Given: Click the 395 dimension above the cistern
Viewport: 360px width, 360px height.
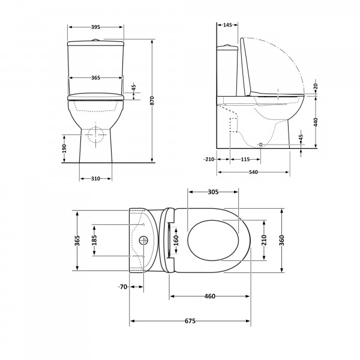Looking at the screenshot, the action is pyautogui.click(x=95, y=27).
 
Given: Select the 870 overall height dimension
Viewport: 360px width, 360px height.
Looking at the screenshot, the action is pyautogui.click(x=152, y=101).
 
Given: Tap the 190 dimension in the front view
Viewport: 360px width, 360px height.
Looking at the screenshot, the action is pyautogui.click(x=64, y=149).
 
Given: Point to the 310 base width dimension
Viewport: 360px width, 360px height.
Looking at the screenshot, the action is pyautogui.click(x=95, y=179).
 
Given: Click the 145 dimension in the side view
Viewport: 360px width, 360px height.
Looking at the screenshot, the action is pyautogui.click(x=227, y=25).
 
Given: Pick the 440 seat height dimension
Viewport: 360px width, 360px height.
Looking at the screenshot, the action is pyautogui.click(x=316, y=122).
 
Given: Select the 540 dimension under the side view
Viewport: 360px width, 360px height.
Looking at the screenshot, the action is pyautogui.click(x=253, y=172).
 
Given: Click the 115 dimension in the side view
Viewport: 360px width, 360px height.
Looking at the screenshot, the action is pyautogui.click(x=245, y=160).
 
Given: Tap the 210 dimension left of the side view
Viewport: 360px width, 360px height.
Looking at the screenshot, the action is pyautogui.click(x=209, y=159).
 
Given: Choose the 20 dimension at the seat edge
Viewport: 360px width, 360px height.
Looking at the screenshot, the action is pyautogui.click(x=316, y=86).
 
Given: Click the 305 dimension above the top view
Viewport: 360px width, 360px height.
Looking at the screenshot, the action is pyautogui.click(x=213, y=192).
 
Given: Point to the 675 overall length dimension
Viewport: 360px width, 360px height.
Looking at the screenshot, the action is pyautogui.click(x=190, y=321).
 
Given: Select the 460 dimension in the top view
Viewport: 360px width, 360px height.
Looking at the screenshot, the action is pyautogui.click(x=210, y=296).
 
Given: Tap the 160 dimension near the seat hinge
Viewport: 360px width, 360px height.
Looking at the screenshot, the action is pyautogui.click(x=176, y=240).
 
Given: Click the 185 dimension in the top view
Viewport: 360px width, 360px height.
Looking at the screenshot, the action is pyautogui.click(x=94, y=240).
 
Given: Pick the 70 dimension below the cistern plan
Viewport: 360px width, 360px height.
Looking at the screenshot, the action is pyautogui.click(x=122, y=287).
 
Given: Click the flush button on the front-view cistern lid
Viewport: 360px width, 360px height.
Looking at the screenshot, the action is pyautogui.click(x=95, y=40).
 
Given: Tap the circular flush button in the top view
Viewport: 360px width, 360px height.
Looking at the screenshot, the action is pyautogui.click(x=143, y=241).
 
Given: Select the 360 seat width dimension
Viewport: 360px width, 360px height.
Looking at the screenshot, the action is pyautogui.click(x=282, y=240).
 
